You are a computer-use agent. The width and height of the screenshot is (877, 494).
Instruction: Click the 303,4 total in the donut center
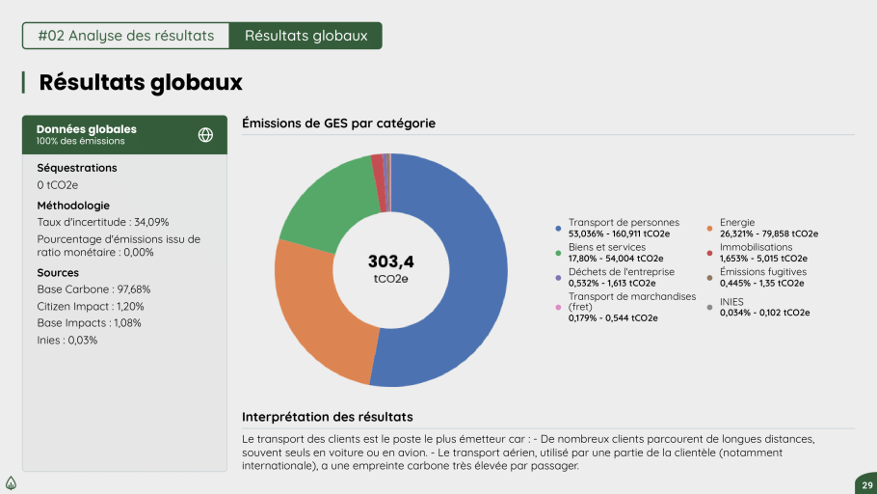(390, 261)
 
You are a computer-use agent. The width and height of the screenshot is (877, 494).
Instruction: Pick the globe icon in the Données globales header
(205, 135)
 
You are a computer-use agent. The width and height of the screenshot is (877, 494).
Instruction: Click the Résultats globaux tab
(306, 36)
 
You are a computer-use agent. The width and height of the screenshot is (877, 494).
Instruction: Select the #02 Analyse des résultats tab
(126, 36)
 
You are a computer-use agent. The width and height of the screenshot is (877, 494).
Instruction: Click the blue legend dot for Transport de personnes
(558, 229)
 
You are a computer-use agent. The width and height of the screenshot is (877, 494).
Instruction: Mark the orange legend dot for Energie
(709, 229)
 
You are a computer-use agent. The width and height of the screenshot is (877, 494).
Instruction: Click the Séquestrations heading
(77, 168)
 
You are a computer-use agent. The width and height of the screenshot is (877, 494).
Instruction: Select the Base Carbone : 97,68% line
(94, 288)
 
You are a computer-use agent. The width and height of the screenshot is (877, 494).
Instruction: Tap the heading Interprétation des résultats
(328, 417)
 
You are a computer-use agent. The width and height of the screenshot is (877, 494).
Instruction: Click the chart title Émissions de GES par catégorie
(338, 123)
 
